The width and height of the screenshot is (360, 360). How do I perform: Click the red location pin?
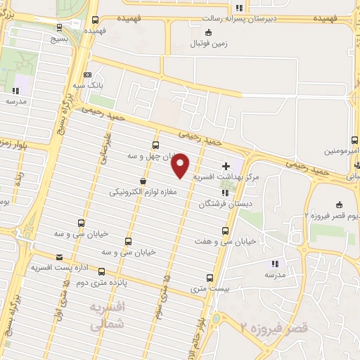(x=181, y=165)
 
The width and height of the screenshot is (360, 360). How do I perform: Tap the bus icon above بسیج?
(x=58, y=27)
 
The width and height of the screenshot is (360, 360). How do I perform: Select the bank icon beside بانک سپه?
(x=86, y=75)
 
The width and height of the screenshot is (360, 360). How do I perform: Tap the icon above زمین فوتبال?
(x=207, y=32)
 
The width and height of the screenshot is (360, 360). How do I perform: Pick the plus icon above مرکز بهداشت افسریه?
(x=225, y=167)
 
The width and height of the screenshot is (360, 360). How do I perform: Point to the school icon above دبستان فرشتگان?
(x=225, y=193)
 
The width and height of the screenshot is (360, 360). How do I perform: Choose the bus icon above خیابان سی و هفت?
(x=225, y=231)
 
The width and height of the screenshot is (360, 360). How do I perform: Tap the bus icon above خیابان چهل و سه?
(x=155, y=146)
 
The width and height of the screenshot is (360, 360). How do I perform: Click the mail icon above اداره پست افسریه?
(x=59, y=257)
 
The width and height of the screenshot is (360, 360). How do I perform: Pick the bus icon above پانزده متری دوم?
(x=101, y=271)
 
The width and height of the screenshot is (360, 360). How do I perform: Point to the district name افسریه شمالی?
(x=108, y=316)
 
